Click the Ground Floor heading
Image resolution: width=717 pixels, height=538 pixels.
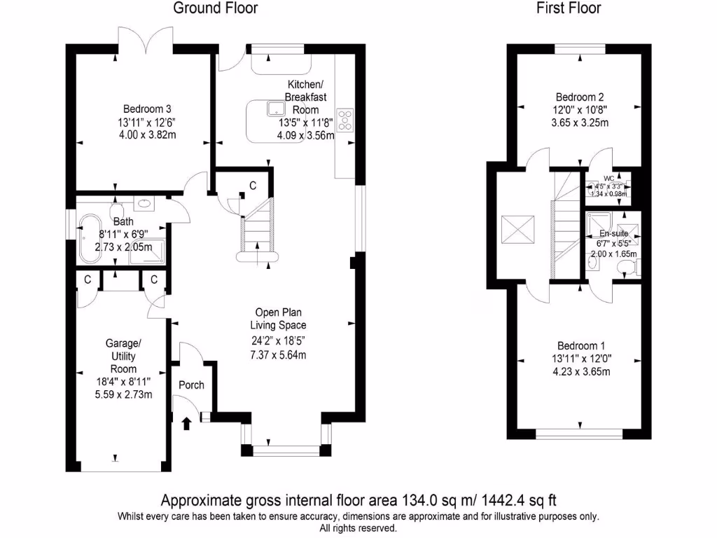click(215, 8)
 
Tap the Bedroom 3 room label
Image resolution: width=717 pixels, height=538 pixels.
click(147, 109)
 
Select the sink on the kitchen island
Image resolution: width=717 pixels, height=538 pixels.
click(274, 109)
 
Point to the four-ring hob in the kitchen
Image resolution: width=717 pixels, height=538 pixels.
click(345, 120)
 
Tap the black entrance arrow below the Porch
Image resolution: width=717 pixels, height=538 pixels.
click(186, 422)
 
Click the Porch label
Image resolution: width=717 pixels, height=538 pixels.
click(191, 385)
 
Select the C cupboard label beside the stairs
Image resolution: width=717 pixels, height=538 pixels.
click(253, 186)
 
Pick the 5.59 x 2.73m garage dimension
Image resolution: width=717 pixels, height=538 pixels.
click(124, 394)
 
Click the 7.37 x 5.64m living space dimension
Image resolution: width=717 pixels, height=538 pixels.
click(278, 355)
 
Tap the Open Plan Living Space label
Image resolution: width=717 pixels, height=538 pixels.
click(278, 319)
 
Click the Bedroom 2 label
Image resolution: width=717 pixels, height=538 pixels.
click(579, 97)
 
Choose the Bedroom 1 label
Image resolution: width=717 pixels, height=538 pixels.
click(580, 346)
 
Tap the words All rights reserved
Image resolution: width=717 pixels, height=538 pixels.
click(358, 528)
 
